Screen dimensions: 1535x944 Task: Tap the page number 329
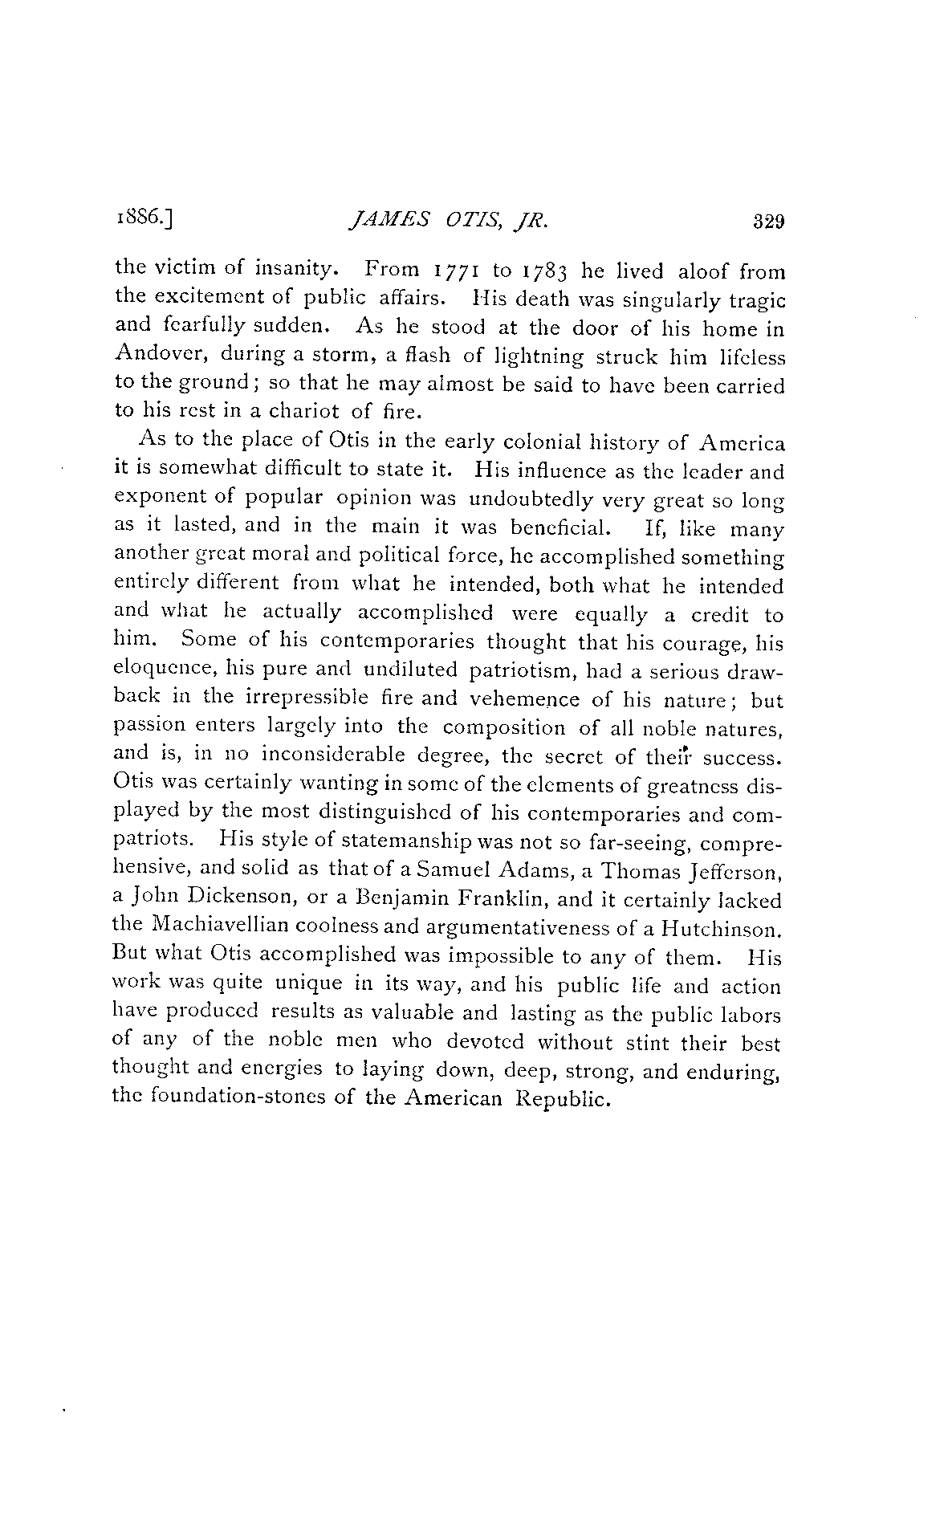pos(767,222)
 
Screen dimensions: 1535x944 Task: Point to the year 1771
pos(451,271)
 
